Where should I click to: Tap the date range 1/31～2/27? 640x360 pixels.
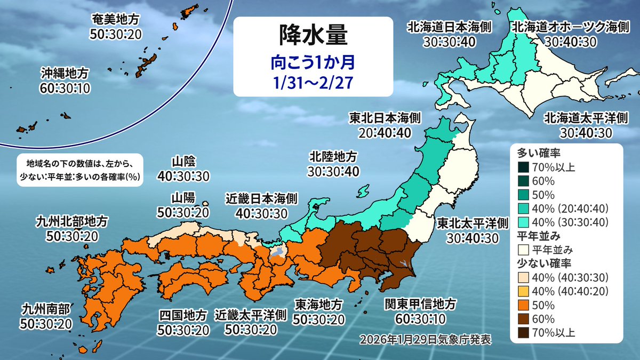coord(314,83)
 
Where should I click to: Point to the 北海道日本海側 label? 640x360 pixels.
coord(449,27)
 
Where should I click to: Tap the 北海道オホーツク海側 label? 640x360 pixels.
coord(569,27)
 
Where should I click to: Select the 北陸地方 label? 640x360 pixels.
coord(333,157)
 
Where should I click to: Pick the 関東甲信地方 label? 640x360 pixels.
coord(421,304)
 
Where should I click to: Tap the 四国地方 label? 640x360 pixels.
coord(183,315)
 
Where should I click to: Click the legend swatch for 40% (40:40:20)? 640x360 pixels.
coord(524,291)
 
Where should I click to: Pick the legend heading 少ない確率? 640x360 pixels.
coord(541,263)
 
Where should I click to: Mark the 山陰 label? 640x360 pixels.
coord(183,162)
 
